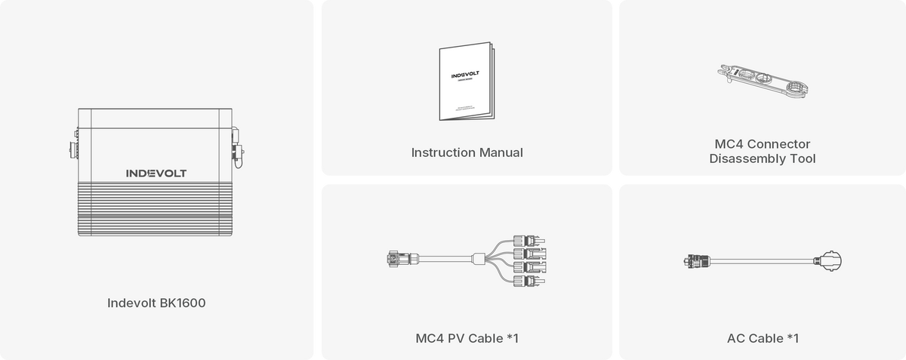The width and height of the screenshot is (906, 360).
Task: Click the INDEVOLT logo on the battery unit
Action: pos(156,173)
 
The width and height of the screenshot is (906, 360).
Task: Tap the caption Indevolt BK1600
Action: pos(156,303)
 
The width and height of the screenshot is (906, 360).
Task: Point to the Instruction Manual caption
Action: pos(467,152)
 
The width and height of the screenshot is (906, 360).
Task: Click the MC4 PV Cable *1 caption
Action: pos(467,338)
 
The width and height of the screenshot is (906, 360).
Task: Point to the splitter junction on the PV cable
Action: pos(479,260)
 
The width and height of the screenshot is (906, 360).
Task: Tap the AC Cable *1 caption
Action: pos(762,338)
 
